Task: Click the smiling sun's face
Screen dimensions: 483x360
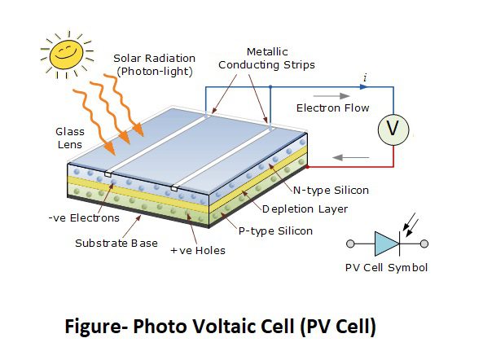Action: (x=66, y=55)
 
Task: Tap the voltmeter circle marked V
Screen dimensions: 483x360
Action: (x=393, y=130)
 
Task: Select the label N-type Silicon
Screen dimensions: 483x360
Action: (x=331, y=191)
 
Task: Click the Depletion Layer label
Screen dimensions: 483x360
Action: (x=305, y=209)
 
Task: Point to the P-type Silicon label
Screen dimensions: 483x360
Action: (x=275, y=231)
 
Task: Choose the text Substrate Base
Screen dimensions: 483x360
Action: (x=116, y=244)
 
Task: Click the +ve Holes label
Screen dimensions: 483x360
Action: (x=198, y=251)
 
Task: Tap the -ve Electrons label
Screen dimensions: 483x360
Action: (x=84, y=218)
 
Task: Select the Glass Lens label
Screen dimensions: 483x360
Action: (x=70, y=138)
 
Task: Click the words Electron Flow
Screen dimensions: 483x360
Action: (x=332, y=108)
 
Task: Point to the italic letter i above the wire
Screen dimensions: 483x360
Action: (x=365, y=77)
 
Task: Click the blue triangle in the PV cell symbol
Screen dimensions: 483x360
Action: (x=387, y=244)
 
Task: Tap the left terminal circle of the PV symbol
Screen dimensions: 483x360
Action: (x=350, y=244)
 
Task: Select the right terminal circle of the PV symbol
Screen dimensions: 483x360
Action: (x=424, y=244)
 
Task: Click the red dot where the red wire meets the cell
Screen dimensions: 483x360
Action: (x=307, y=167)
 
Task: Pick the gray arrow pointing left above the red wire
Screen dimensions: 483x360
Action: (x=350, y=158)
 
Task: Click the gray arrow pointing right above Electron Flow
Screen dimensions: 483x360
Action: (x=332, y=96)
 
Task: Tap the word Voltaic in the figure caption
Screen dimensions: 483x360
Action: (x=213, y=326)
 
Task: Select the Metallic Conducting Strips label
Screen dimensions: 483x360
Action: (x=267, y=59)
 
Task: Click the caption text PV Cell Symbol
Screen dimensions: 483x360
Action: (x=387, y=268)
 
